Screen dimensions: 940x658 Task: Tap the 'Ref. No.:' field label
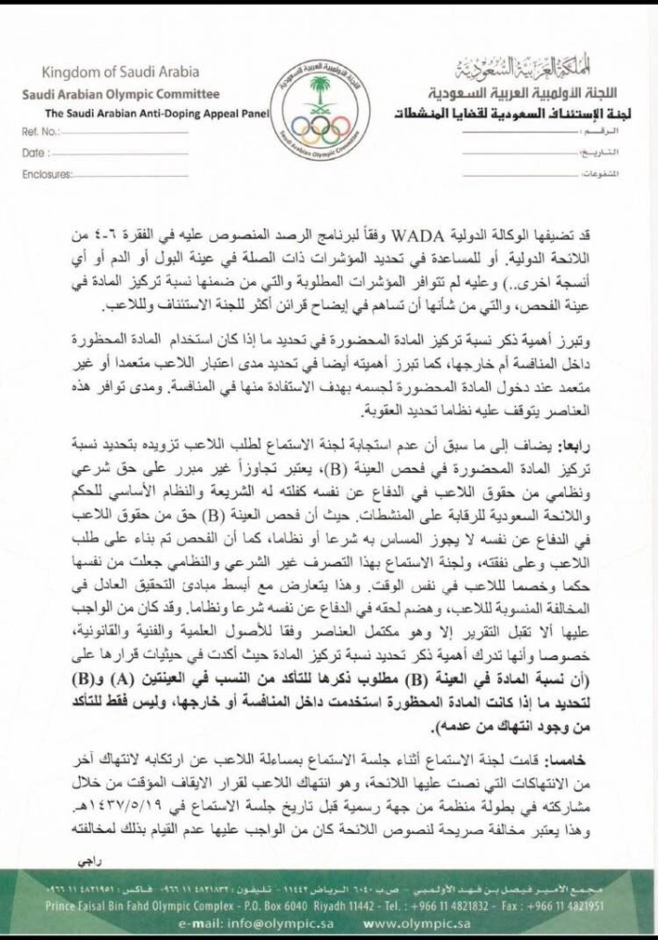(40, 132)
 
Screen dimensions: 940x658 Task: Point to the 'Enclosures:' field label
(47, 174)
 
